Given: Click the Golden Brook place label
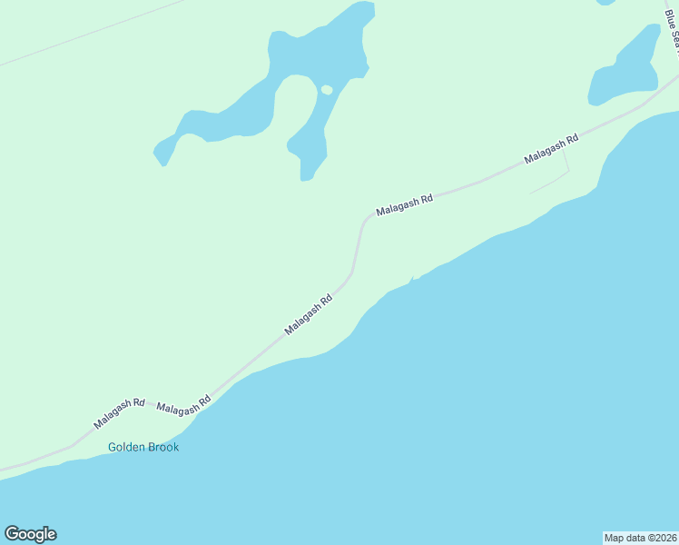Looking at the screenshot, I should pos(143,447).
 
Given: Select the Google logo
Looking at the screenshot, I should pos(30,534).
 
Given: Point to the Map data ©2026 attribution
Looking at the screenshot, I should pos(640,537).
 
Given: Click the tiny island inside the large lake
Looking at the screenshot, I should pos(327,89).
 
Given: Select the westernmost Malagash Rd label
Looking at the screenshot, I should pos(119,413).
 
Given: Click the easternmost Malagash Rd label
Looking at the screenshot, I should pos(551,150).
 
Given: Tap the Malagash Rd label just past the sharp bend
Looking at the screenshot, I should pos(405,204).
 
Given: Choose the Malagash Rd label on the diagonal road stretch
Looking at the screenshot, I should pos(309,314).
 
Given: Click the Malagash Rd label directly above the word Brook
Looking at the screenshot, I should pos(183,405).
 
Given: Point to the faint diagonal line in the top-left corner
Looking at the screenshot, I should pos(91,33).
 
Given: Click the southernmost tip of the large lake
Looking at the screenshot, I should pos(306,178).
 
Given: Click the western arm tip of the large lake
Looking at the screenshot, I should pos(161,159).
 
